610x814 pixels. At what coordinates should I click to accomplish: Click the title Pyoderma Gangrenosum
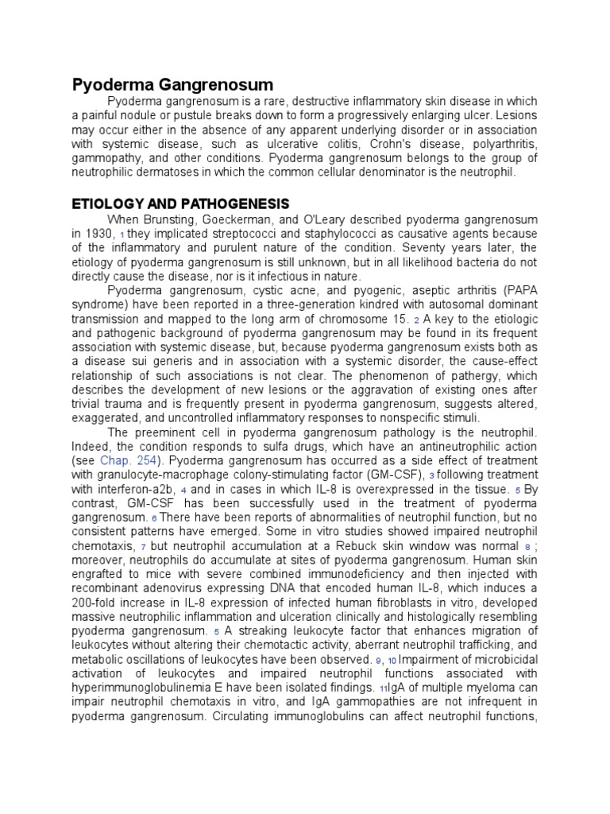point(173,84)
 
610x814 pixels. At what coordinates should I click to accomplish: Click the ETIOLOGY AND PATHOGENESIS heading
point(180,203)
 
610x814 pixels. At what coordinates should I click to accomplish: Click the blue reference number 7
point(144,548)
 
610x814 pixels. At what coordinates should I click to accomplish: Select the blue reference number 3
point(432,476)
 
